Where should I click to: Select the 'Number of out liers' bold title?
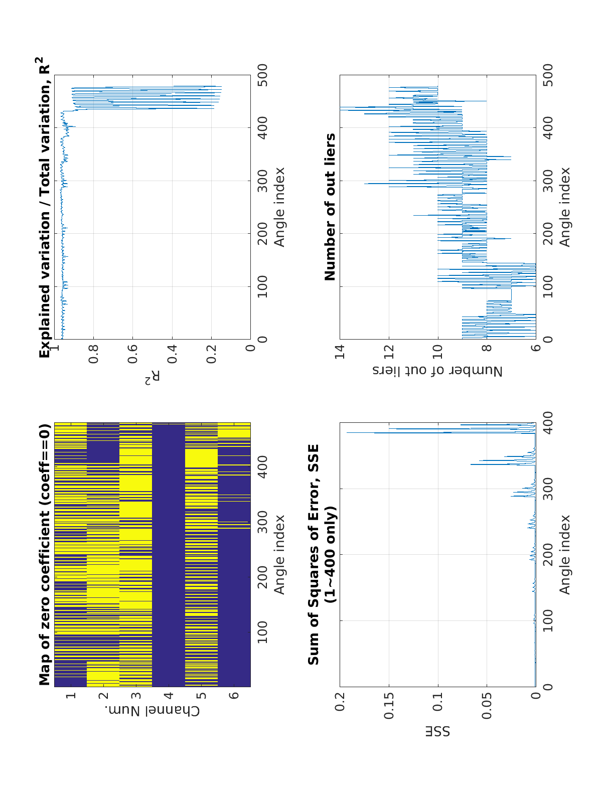coord(330,207)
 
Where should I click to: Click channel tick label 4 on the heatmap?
coord(169,696)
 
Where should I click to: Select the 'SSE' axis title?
coord(437,731)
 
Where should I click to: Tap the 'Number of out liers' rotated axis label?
coord(437,371)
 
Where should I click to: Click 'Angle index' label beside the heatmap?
coord(279,555)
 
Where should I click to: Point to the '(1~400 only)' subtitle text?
coord(330,555)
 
